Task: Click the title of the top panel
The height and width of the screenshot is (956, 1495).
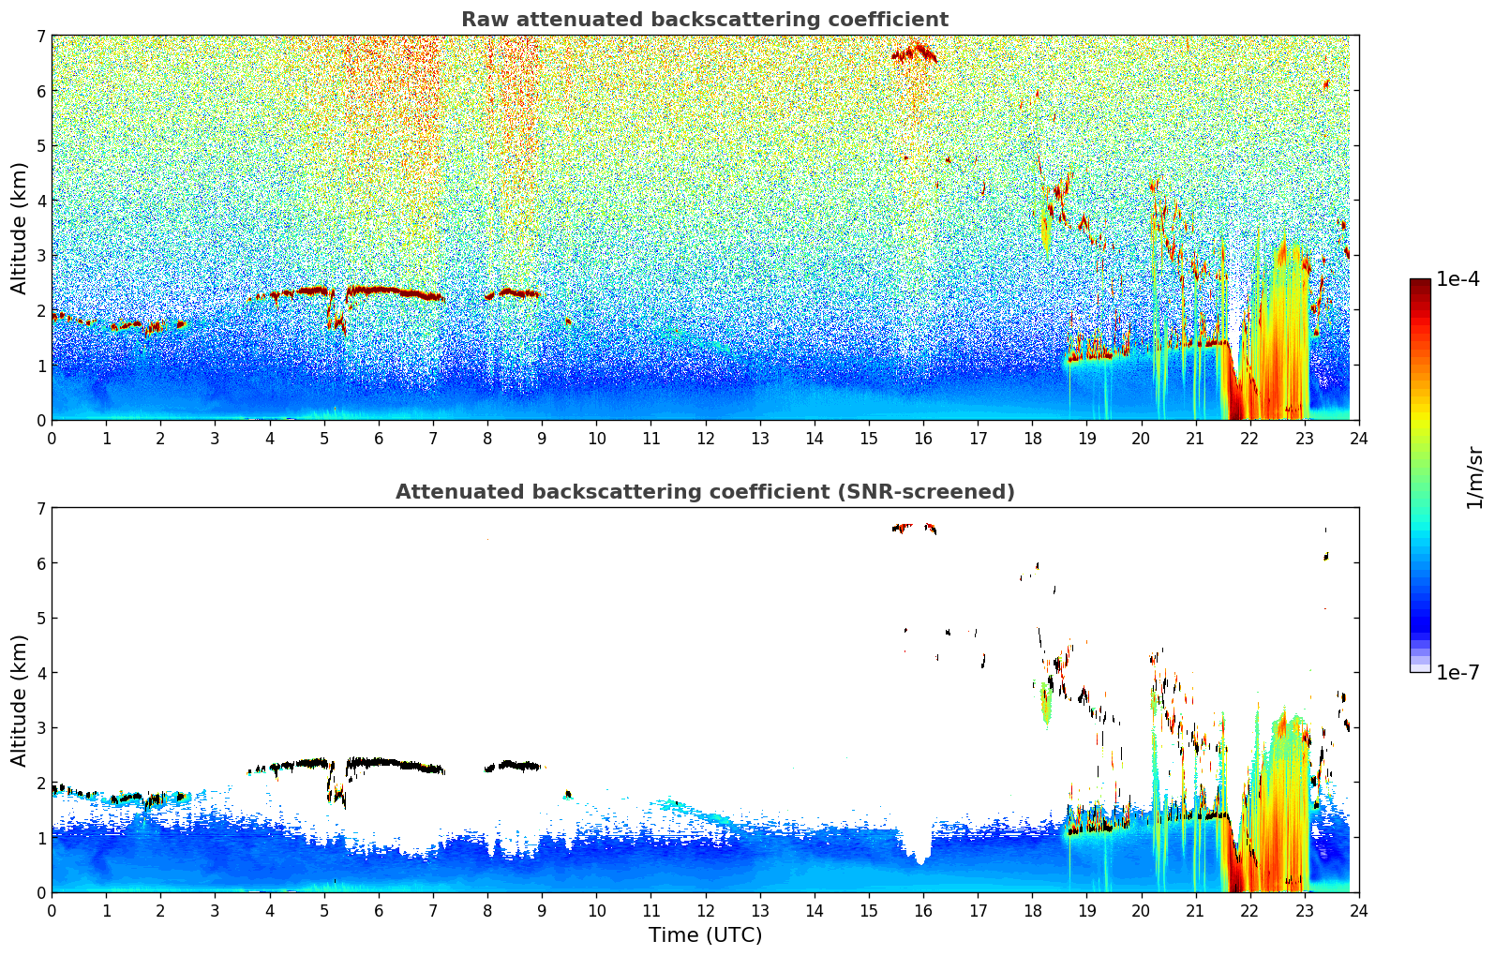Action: pyautogui.click(x=704, y=20)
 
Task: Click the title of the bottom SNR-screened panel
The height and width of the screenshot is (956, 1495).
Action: pyautogui.click(x=704, y=492)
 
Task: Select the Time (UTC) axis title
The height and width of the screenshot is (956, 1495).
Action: pyautogui.click(x=705, y=935)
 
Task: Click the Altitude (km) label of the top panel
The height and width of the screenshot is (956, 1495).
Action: pyautogui.click(x=20, y=228)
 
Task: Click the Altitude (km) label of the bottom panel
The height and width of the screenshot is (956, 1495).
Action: pyautogui.click(x=20, y=700)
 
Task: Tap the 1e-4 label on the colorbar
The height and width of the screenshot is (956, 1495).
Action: pyautogui.click(x=1458, y=279)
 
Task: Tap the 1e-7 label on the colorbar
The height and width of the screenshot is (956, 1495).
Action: pyautogui.click(x=1458, y=672)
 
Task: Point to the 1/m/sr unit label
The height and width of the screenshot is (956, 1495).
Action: pyautogui.click(x=1474, y=477)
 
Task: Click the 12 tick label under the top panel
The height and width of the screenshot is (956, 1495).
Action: pyautogui.click(x=705, y=439)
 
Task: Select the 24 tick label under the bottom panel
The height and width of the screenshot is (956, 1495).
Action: pyautogui.click(x=1358, y=911)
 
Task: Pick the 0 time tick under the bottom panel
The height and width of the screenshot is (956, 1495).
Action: pyautogui.click(x=52, y=911)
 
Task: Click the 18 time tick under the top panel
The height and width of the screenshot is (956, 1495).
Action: pyautogui.click(x=1032, y=439)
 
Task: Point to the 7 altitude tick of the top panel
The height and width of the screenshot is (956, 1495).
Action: pyautogui.click(x=40, y=37)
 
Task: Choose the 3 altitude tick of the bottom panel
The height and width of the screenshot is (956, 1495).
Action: pyautogui.click(x=40, y=728)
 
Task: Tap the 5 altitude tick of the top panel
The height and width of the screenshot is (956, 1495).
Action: pyautogui.click(x=40, y=146)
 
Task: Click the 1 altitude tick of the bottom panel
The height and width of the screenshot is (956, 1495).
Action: pyautogui.click(x=40, y=838)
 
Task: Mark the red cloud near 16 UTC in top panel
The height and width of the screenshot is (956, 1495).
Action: pyautogui.click(x=915, y=52)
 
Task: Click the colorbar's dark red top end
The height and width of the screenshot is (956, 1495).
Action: pyautogui.click(x=1419, y=283)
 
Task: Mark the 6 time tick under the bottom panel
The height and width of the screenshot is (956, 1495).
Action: pyautogui.click(x=379, y=911)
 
